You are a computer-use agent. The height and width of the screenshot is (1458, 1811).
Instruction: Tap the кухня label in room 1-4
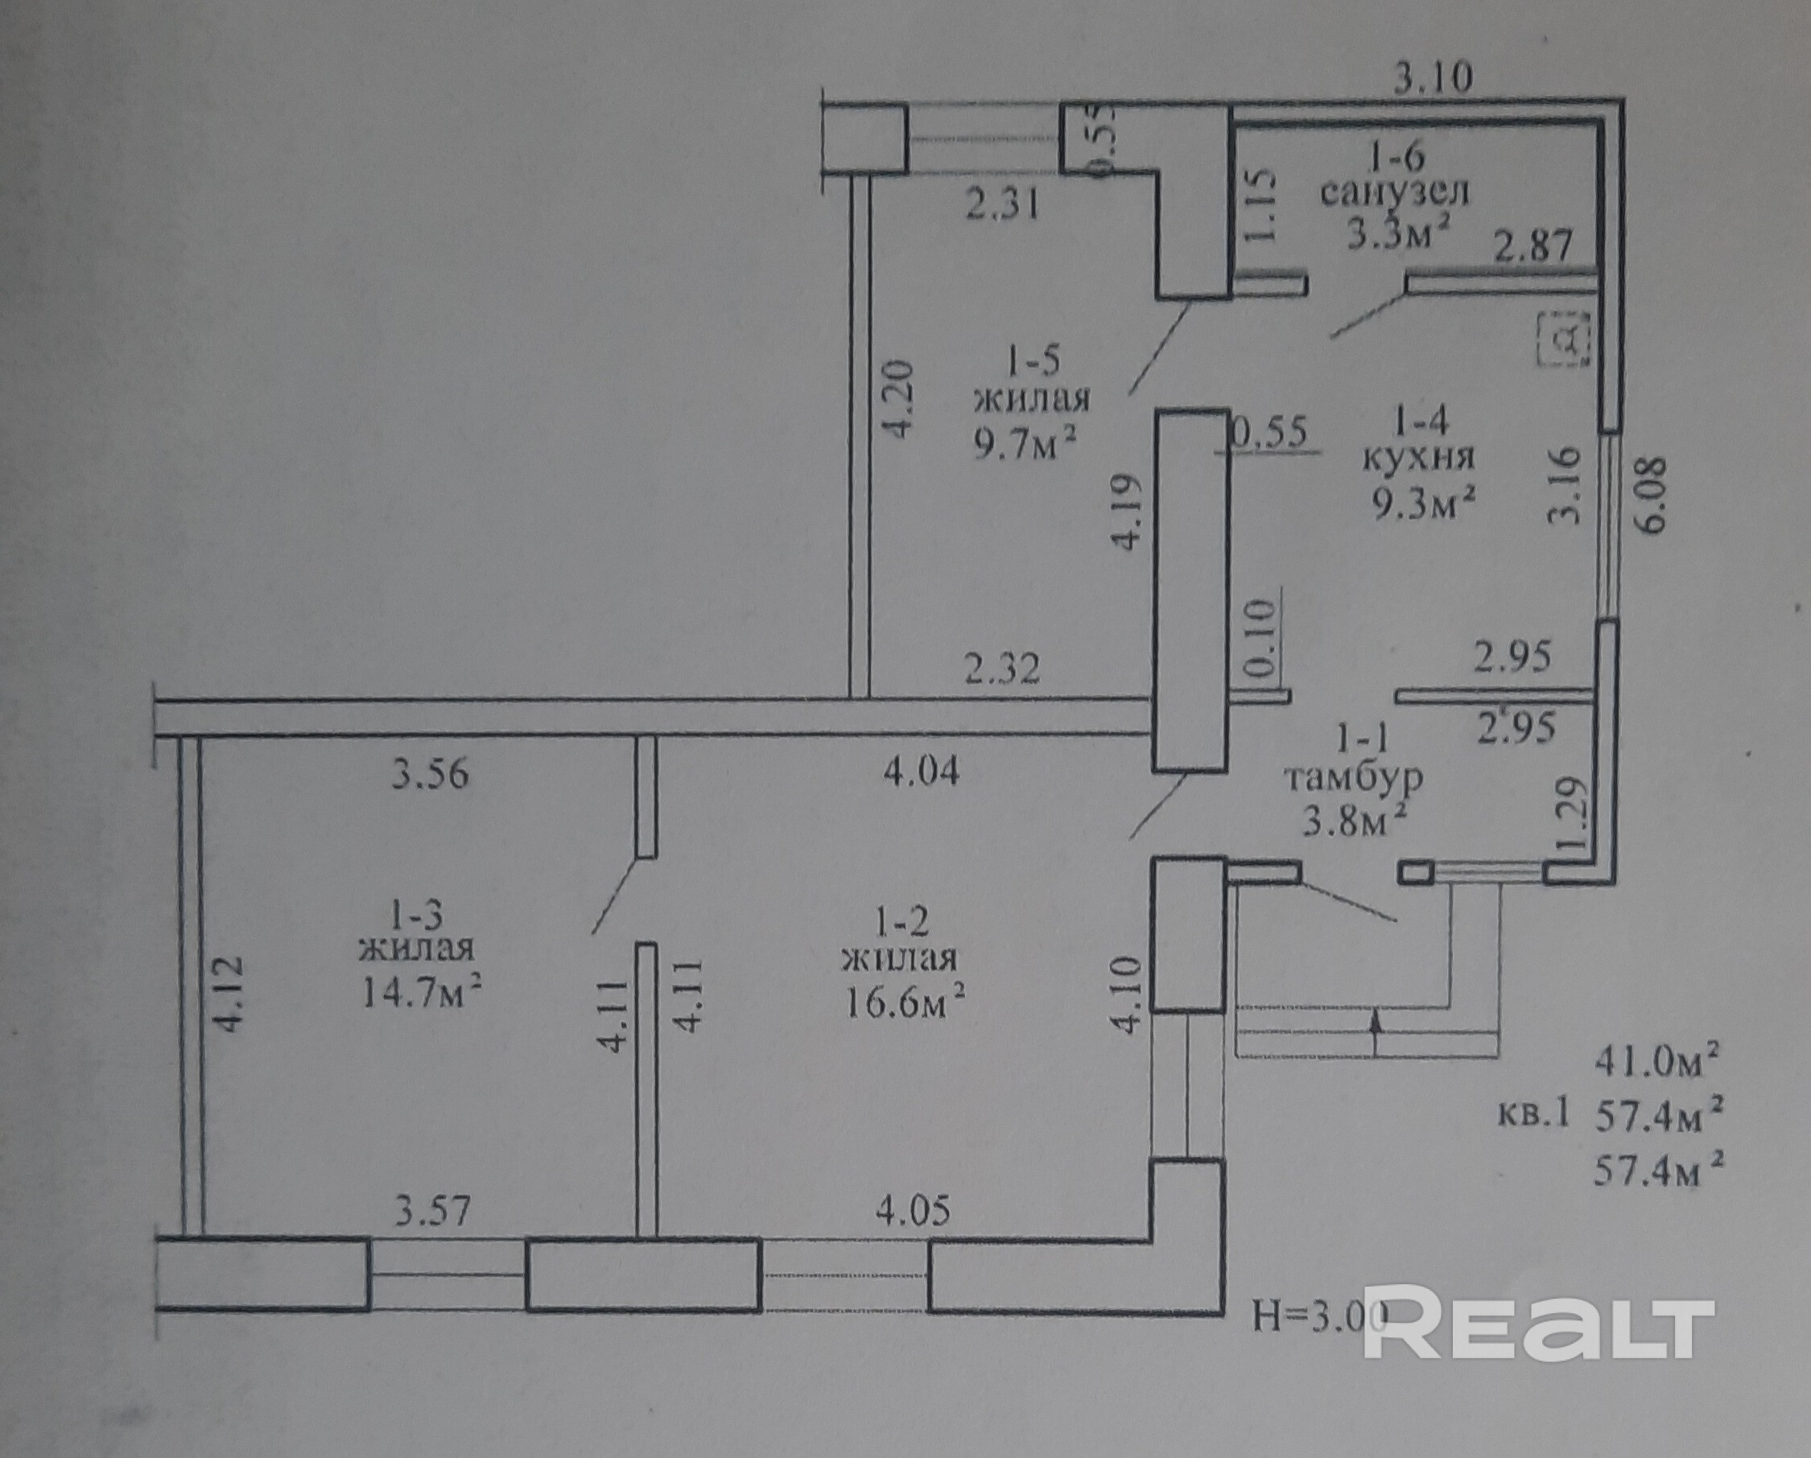[x=1418, y=458]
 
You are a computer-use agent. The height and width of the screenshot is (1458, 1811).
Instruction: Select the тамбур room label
[x=1354, y=778]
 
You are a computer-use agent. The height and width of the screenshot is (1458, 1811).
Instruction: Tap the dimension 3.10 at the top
[x=1433, y=78]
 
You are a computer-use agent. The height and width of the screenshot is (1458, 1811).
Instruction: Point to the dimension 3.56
[x=430, y=773]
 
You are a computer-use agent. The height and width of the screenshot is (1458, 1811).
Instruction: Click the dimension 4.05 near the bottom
[x=913, y=1211]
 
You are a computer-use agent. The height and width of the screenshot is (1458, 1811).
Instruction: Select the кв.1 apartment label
[x=1534, y=1114]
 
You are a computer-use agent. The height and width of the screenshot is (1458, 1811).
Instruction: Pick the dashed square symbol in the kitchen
[x=1564, y=339]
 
